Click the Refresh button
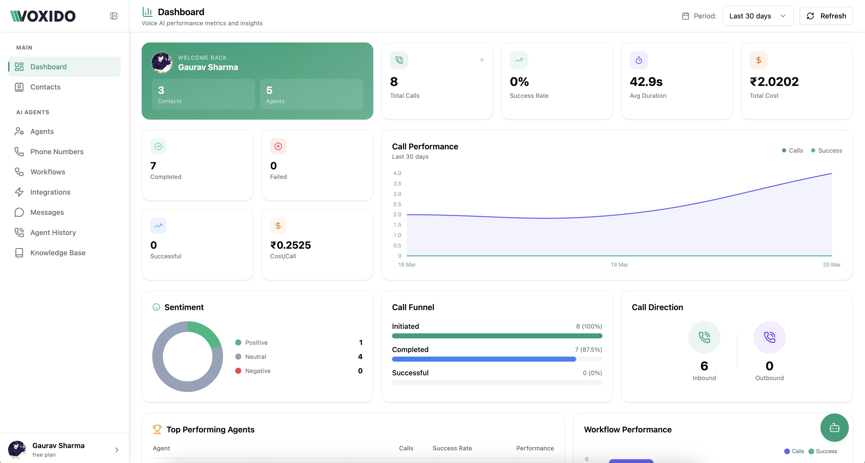[x=826, y=16]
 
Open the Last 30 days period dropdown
[x=758, y=16]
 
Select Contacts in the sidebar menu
[x=45, y=87]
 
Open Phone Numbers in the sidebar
[x=57, y=152]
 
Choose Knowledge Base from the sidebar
[x=58, y=253]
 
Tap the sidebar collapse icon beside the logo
[x=114, y=16]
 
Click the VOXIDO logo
[x=43, y=16]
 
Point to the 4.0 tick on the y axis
[x=397, y=173]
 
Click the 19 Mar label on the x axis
[x=619, y=265]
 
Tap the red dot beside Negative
[x=238, y=371]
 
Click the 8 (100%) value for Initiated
[x=589, y=327]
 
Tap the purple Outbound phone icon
[x=769, y=337]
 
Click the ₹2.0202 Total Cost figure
[x=774, y=82]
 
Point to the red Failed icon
[x=278, y=146]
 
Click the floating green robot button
[x=834, y=428]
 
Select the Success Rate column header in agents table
[x=452, y=448]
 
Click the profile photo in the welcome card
[x=162, y=62]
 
